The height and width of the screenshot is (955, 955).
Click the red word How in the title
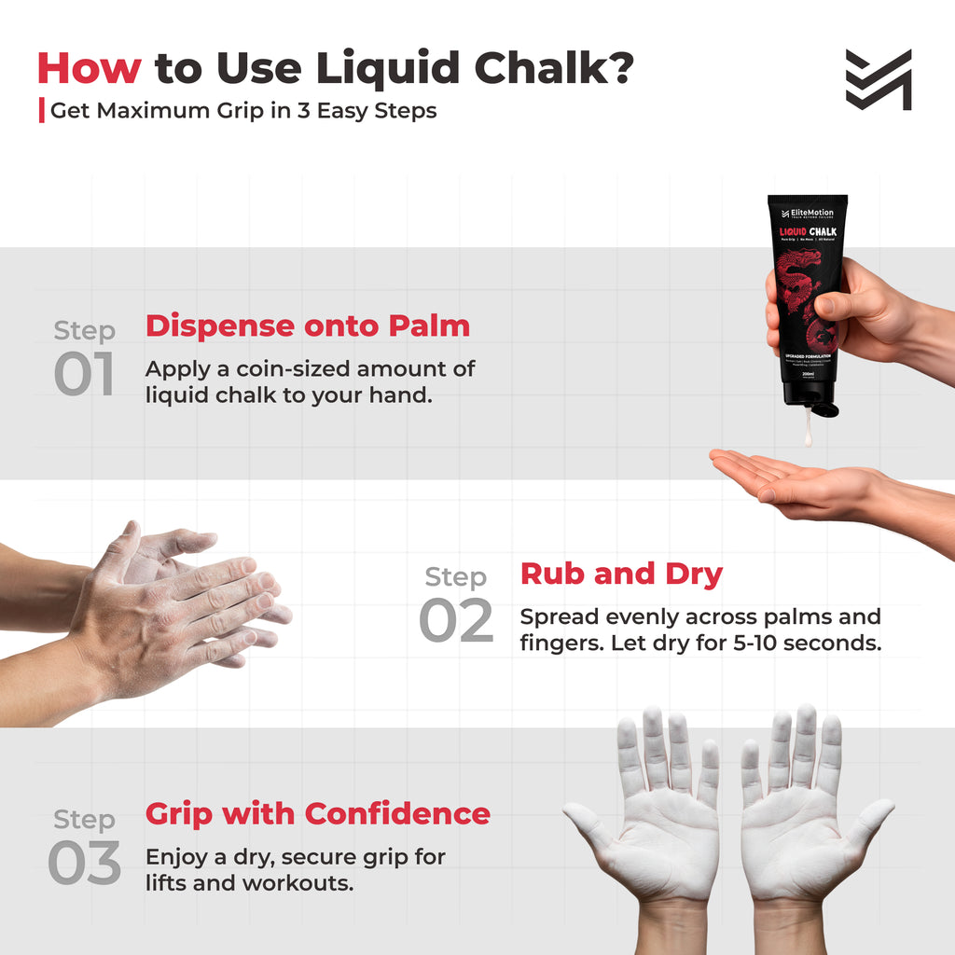coord(89,68)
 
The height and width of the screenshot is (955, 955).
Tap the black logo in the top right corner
coord(878,80)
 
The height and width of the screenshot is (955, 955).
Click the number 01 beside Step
coord(84,374)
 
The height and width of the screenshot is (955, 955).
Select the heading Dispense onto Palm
coord(307,325)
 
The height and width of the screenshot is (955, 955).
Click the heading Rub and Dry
coord(621,574)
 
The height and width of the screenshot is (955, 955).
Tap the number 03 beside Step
coord(84,864)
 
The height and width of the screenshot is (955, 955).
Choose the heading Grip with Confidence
coord(317,813)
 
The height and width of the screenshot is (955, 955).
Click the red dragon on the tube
coord(800,289)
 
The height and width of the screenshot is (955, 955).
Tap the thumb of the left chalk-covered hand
coord(585,824)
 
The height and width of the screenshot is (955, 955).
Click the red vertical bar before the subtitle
coord(41,110)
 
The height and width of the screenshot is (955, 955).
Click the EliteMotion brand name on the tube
coord(811,212)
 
